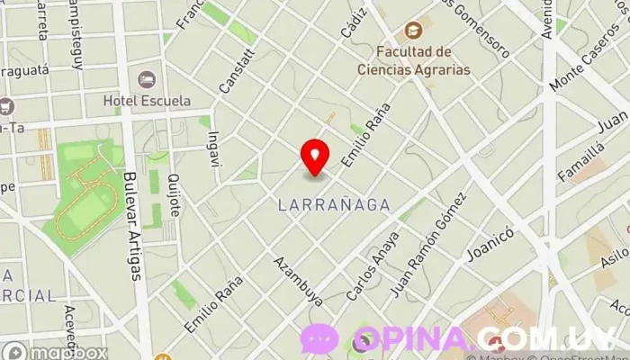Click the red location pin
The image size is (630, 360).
(314, 157)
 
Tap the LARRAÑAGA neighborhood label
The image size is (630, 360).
(334, 205)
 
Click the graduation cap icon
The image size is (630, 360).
(413, 31)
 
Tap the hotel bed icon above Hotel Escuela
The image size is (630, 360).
(144, 79)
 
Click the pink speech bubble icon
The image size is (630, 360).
(319, 339)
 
